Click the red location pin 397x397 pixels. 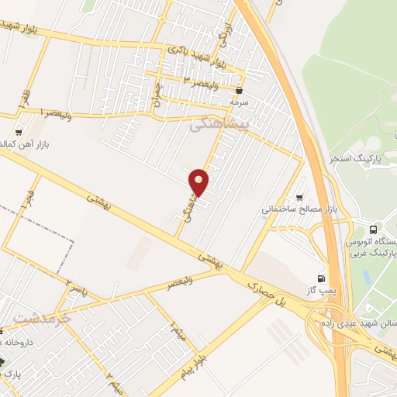click(x=199, y=181)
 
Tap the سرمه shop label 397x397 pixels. click(x=239, y=102)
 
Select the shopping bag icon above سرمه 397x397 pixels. click(x=239, y=91)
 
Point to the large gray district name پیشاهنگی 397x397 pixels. click(x=220, y=124)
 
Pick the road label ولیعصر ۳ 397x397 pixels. click(x=199, y=80)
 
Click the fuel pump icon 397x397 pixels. click(x=320, y=278)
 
